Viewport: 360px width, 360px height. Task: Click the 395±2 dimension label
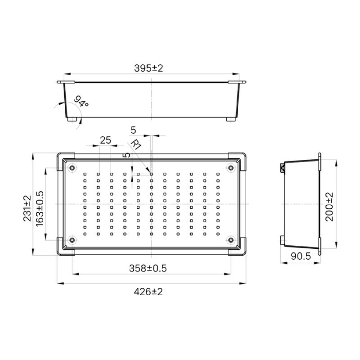click(x=148, y=68)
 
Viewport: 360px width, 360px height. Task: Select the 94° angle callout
click(x=81, y=101)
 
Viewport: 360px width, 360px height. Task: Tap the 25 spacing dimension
click(x=105, y=140)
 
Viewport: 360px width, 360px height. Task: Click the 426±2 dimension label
click(x=148, y=292)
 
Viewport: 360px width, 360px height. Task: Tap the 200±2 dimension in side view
click(x=329, y=207)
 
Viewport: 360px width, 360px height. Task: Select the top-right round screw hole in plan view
click(x=231, y=168)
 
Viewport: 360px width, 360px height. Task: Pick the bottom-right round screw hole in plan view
click(x=231, y=240)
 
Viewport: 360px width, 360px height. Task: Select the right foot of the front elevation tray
click(x=230, y=120)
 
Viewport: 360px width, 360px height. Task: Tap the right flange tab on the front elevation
click(x=237, y=82)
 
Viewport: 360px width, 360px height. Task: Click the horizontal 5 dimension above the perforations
click(x=133, y=130)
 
